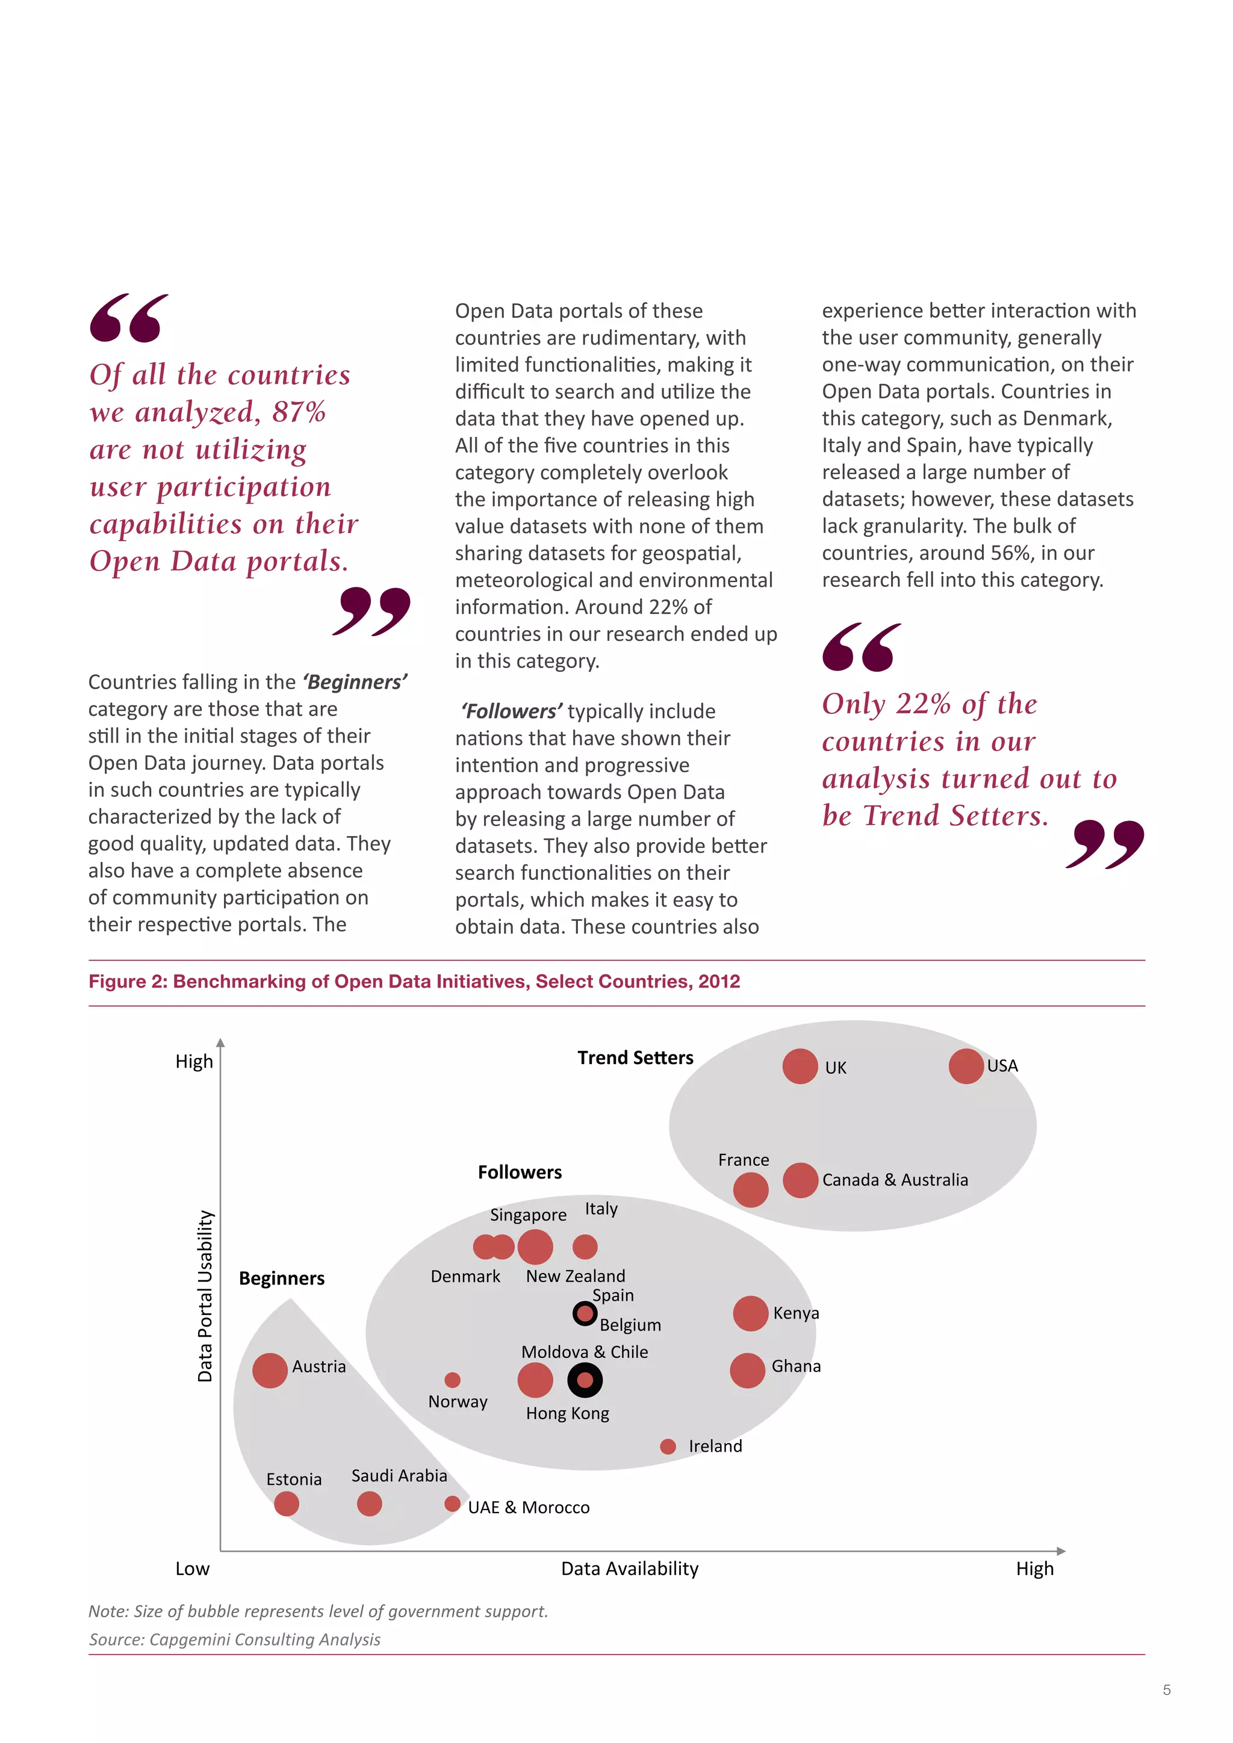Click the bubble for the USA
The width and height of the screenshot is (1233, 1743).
coord(966,1066)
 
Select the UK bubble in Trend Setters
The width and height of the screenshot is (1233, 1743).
coord(800,1066)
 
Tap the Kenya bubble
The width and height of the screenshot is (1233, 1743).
coord(750,1313)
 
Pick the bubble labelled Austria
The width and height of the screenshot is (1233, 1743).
coord(270,1370)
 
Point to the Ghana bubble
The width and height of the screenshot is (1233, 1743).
coord(747,1370)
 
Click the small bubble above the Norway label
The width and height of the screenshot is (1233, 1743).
coord(453,1379)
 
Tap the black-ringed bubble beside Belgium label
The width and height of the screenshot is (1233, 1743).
coord(585,1313)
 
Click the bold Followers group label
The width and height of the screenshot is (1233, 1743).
coord(520,1172)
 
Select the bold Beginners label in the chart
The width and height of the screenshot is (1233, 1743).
coord(282,1278)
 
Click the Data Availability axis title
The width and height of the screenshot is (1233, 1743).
coord(629,1568)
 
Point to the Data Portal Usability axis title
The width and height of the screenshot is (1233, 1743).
coord(205,1296)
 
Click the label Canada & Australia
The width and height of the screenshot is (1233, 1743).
coord(895,1180)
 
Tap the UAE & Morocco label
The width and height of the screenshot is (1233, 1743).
coord(529,1507)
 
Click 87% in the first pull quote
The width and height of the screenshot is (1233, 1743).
coord(299,412)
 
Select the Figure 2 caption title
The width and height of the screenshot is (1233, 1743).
coord(414,981)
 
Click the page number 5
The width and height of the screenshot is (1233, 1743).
coord(1166,1690)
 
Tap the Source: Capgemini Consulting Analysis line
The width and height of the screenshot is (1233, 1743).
coord(235,1639)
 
